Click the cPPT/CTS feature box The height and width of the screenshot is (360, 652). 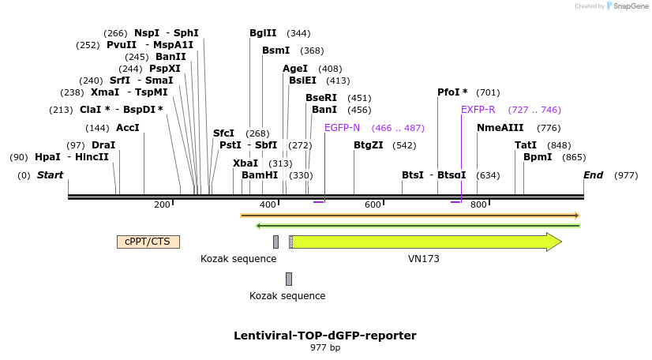pos(148,242)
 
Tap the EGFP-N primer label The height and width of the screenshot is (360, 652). pos(342,127)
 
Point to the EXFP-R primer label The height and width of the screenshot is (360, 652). pos(478,110)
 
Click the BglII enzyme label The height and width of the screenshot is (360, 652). pos(263,33)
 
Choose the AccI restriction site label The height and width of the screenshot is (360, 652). pos(128,127)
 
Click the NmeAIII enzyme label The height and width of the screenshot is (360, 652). pos(500,127)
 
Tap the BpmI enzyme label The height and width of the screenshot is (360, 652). pos(538,157)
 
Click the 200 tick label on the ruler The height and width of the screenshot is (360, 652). pos(162,205)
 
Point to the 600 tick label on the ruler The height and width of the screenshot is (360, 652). pos(373,205)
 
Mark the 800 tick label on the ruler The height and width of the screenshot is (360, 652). pos(478,205)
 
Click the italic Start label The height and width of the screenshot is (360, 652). pos(50,174)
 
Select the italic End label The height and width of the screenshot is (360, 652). pos(594,174)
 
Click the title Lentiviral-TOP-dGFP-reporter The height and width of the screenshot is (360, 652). pos(324,336)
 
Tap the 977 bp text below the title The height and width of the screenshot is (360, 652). pos(324,348)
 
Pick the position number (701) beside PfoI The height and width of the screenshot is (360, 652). pos(488,92)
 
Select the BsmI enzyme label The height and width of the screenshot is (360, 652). pos(275,51)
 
